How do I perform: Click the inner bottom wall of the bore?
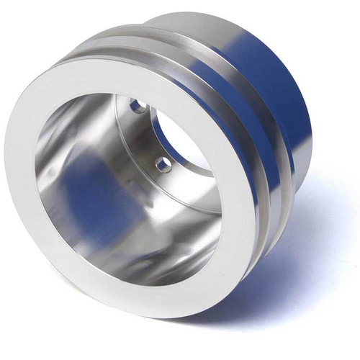pos(137,259)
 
